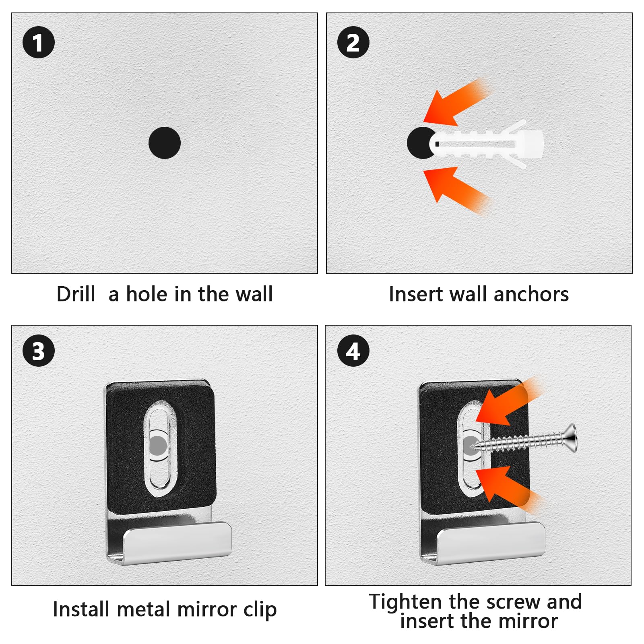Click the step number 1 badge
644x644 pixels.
pyautogui.click(x=39, y=42)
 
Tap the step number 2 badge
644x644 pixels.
pyautogui.click(x=353, y=42)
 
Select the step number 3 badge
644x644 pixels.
pyautogui.click(x=39, y=351)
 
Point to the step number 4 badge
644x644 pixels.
pyautogui.click(x=353, y=351)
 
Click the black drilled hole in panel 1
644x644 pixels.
pyautogui.click(x=164, y=143)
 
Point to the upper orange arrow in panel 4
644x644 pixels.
pyautogui.click(x=503, y=407)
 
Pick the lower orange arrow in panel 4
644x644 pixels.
pyautogui.click(x=503, y=485)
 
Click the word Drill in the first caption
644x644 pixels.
pyautogui.click(x=76, y=294)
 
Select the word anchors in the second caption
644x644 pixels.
pyautogui.click(x=531, y=294)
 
